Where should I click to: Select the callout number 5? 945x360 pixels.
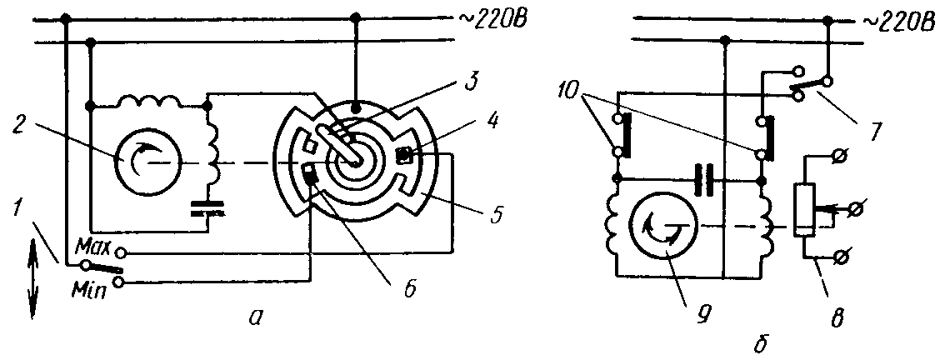pyautogui.click(x=495, y=214)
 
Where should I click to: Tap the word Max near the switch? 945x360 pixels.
pyautogui.click(x=92, y=248)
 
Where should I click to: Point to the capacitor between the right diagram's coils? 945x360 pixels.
pyautogui.click(x=702, y=180)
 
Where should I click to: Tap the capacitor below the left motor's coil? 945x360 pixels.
pyautogui.click(x=208, y=209)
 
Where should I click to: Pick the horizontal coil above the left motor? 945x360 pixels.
pyautogui.click(x=149, y=102)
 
